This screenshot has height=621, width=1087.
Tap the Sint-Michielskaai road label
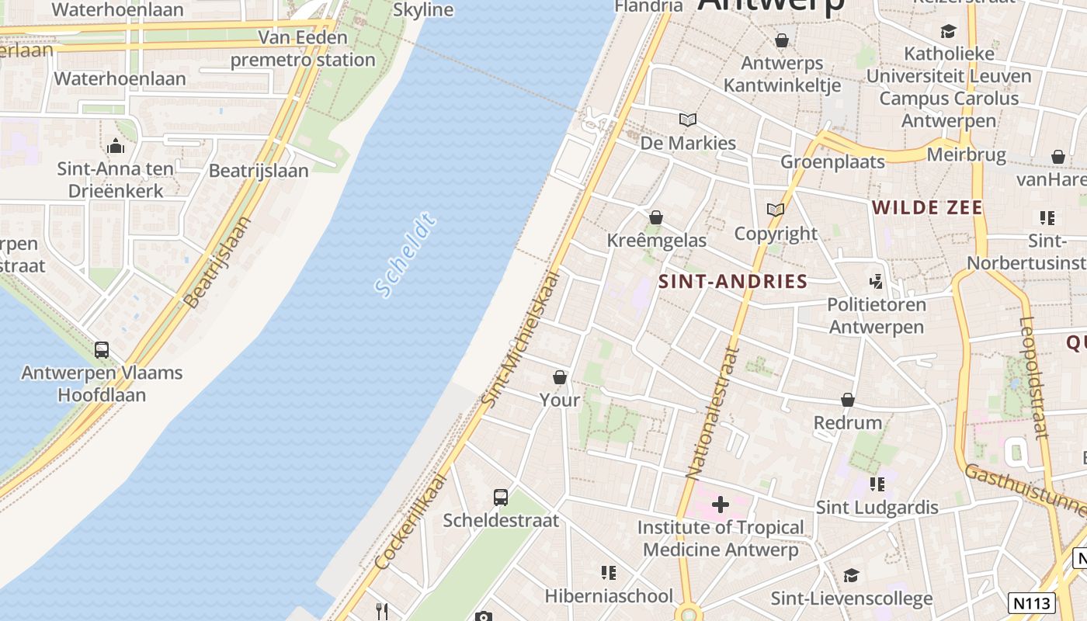[x=519, y=338]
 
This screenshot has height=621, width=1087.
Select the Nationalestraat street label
[x=710, y=411]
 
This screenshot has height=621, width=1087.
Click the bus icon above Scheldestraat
[x=501, y=497]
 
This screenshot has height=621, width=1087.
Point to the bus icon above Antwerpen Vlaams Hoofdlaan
[x=102, y=349]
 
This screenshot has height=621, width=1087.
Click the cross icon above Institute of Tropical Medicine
[x=721, y=505]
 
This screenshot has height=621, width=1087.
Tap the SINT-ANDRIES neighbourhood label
[x=733, y=282]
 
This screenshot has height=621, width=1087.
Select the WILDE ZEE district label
[x=927, y=207]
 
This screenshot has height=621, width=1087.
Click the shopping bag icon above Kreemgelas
[x=656, y=217]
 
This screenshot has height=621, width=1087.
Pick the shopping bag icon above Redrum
[x=848, y=400]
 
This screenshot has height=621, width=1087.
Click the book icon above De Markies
[x=687, y=120]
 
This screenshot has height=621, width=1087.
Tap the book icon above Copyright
[x=775, y=210]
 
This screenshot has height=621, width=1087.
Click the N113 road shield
[x=1033, y=602]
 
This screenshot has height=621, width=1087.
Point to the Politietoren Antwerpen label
[x=877, y=315]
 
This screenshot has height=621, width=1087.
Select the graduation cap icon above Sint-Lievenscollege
[x=851, y=575]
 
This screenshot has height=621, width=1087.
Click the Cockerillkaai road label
[x=412, y=520]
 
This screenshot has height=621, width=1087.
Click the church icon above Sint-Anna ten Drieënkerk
[x=115, y=145]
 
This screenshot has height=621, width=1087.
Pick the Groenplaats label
[x=832, y=161]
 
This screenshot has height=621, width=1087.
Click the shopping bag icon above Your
[x=560, y=377]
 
